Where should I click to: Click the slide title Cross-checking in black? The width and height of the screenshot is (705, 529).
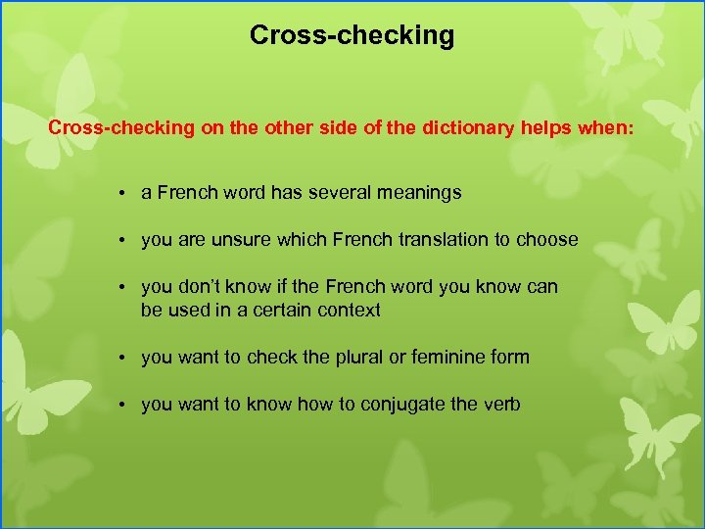[352, 36]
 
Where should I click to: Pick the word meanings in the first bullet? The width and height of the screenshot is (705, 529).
[418, 193]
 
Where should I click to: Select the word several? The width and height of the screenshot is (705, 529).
[339, 193]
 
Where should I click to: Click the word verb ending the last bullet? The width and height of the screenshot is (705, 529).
[500, 405]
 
